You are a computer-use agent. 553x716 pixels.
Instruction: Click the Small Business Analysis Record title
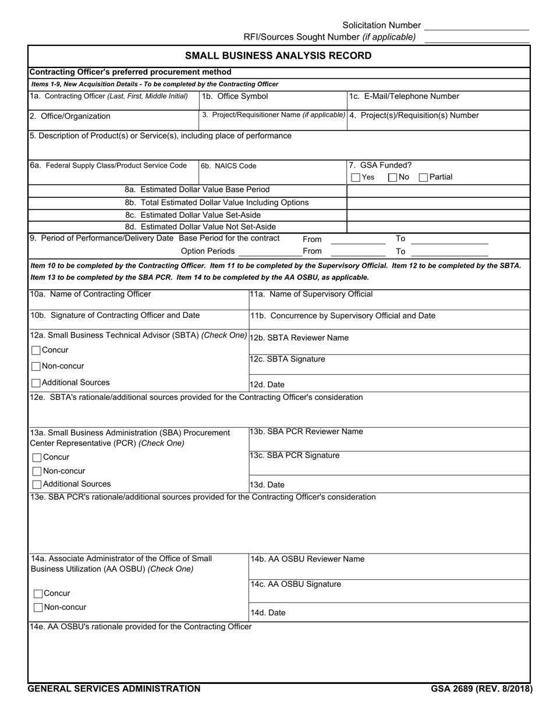click(278, 56)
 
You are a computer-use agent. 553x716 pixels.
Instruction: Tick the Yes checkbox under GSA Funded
click(356, 178)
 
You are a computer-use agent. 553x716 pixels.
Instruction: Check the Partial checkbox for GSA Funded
click(424, 178)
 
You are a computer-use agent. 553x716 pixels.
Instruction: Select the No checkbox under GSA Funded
click(392, 178)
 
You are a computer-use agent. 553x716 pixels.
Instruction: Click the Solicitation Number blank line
click(477, 26)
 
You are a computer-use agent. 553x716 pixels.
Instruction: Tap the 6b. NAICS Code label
click(228, 166)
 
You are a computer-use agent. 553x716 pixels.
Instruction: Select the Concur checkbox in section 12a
click(36, 350)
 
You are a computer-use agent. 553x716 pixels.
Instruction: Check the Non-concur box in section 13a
click(37, 472)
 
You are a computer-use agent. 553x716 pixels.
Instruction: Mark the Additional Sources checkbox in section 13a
click(37, 484)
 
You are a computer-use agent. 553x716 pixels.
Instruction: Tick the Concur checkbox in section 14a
click(38, 594)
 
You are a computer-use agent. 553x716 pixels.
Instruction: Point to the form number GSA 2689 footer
click(481, 689)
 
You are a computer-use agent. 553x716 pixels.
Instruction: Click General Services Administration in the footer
click(115, 689)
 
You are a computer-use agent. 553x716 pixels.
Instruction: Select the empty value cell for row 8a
click(438, 190)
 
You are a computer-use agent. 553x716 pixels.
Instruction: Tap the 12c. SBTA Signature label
click(287, 359)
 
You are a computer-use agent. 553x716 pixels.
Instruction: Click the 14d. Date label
click(268, 613)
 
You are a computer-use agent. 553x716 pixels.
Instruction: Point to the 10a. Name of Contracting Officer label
click(91, 294)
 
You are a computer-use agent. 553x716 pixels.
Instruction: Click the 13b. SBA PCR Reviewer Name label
click(306, 431)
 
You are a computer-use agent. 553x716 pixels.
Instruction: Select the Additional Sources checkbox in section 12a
click(36, 383)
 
